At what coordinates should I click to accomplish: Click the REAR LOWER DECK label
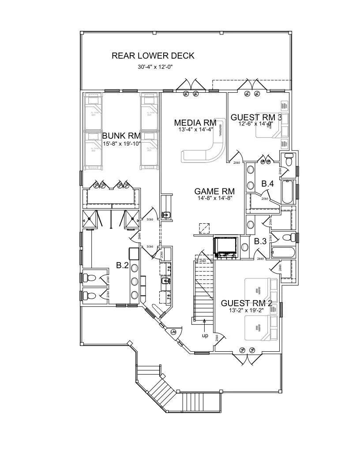pyautogui.click(x=153, y=56)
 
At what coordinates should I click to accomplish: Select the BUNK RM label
pyautogui.click(x=120, y=135)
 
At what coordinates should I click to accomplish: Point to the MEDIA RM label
pyautogui.click(x=195, y=123)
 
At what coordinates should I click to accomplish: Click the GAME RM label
pyautogui.click(x=214, y=191)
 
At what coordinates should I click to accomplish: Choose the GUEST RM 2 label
pyautogui.click(x=246, y=303)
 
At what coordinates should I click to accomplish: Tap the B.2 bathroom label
pyautogui.click(x=122, y=265)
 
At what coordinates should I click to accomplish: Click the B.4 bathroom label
pyautogui.click(x=267, y=184)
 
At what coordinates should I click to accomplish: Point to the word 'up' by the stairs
pyautogui.click(x=205, y=335)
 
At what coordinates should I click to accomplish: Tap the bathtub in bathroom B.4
pyautogui.click(x=287, y=192)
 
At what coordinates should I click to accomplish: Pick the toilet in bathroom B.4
pyautogui.click(x=289, y=161)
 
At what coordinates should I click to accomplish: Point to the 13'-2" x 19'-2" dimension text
pyautogui.click(x=246, y=310)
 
